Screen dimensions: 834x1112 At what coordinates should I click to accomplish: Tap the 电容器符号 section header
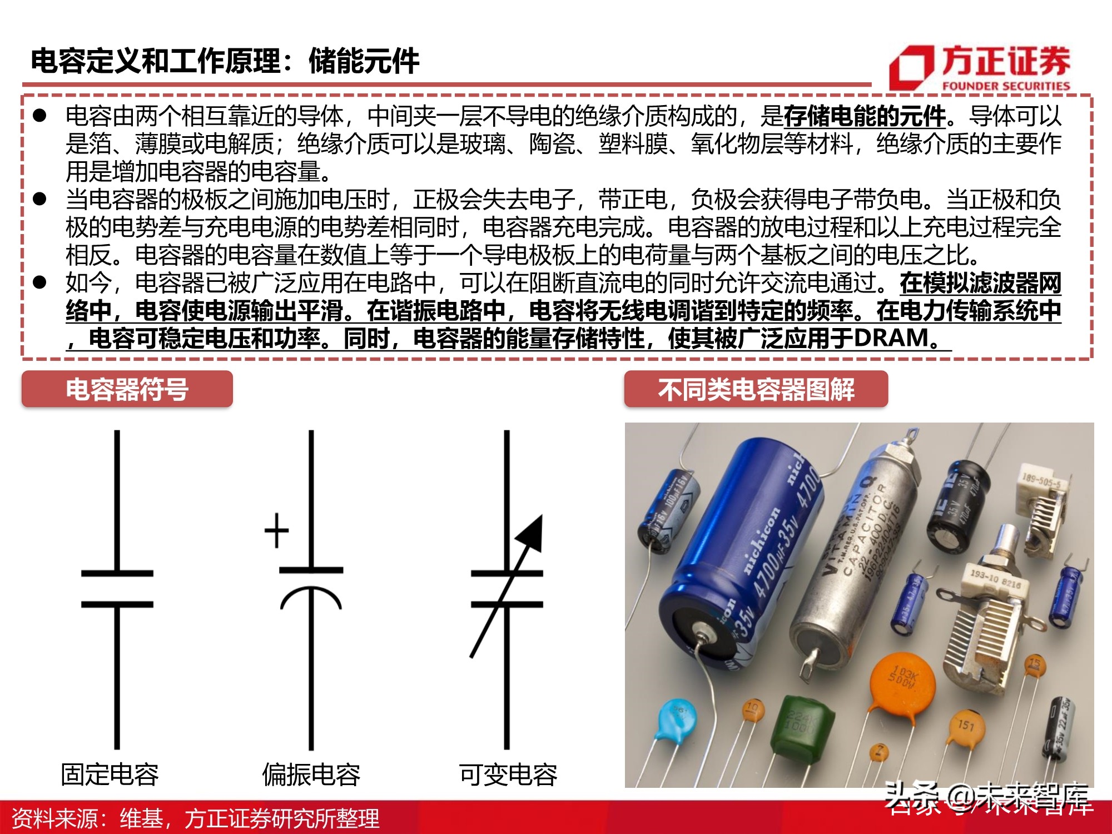(x=127, y=389)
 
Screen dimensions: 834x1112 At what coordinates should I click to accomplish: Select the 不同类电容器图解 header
(x=756, y=389)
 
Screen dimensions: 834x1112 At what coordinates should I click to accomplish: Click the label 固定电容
(x=110, y=774)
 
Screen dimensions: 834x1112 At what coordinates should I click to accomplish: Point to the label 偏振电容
(x=311, y=774)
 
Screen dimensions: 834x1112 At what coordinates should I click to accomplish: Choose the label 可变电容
(x=508, y=774)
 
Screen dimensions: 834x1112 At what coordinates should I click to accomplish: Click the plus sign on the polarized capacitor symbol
(x=276, y=530)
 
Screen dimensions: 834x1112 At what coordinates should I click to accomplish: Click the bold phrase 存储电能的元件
(x=865, y=116)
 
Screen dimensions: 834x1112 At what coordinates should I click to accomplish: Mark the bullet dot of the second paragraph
(x=39, y=198)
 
